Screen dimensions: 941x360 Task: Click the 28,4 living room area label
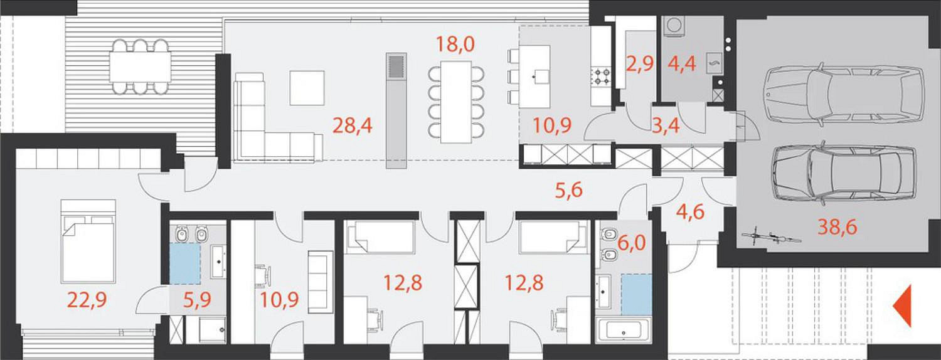(352, 125)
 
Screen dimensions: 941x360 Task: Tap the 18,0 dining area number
(455, 44)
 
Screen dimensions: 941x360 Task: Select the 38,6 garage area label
(837, 227)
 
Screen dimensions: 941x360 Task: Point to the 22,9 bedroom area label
(87, 300)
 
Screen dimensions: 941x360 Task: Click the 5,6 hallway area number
(569, 190)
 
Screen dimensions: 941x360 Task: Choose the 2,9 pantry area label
(639, 64)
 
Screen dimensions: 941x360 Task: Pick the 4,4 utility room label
(682, 64)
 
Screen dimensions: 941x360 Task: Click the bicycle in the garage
(771, 237)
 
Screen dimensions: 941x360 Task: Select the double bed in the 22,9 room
(88, 241)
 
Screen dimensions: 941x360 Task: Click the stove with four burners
(602, 78)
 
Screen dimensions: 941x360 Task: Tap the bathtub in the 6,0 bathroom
(624, 331)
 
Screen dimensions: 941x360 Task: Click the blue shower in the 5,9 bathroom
(185, 264)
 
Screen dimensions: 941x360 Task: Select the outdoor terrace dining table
(141, 66)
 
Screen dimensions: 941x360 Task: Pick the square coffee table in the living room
(307, 88)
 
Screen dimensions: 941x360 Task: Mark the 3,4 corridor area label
(666, 125)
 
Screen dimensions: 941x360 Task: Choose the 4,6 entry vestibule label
(690, 212)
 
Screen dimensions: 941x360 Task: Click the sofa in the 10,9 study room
(321, 282)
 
